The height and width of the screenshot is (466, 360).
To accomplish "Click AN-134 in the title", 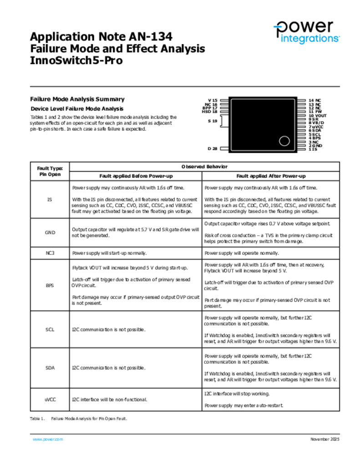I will click(149, 36).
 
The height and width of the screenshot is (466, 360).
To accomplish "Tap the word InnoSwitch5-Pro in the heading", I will click(76, 61).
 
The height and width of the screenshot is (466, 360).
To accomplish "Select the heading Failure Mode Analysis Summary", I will click(77, 99).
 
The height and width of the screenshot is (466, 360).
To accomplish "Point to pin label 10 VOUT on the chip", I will click(318, 116).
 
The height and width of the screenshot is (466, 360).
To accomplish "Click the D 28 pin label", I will click(213, 149).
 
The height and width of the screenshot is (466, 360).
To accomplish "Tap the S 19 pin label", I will click(213, 121).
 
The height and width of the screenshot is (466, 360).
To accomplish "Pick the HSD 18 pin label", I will click(210, 111).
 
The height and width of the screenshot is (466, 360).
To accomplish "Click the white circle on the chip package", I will click(284, 141).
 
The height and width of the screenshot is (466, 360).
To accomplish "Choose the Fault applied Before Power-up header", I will click(136, 176).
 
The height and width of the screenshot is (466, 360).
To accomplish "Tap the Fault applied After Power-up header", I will click(271, 176).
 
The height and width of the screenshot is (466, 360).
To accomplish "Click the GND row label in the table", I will click(50, 233).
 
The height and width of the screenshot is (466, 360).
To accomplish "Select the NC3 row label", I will click(50, 253).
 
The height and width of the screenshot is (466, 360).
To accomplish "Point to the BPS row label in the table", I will click(50, 285).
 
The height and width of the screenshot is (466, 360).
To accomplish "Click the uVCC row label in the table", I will click(50, 399).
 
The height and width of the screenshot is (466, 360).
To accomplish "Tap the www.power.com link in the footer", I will click(48, 439).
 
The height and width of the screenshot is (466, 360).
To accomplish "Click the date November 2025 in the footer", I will click(325, 439).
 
